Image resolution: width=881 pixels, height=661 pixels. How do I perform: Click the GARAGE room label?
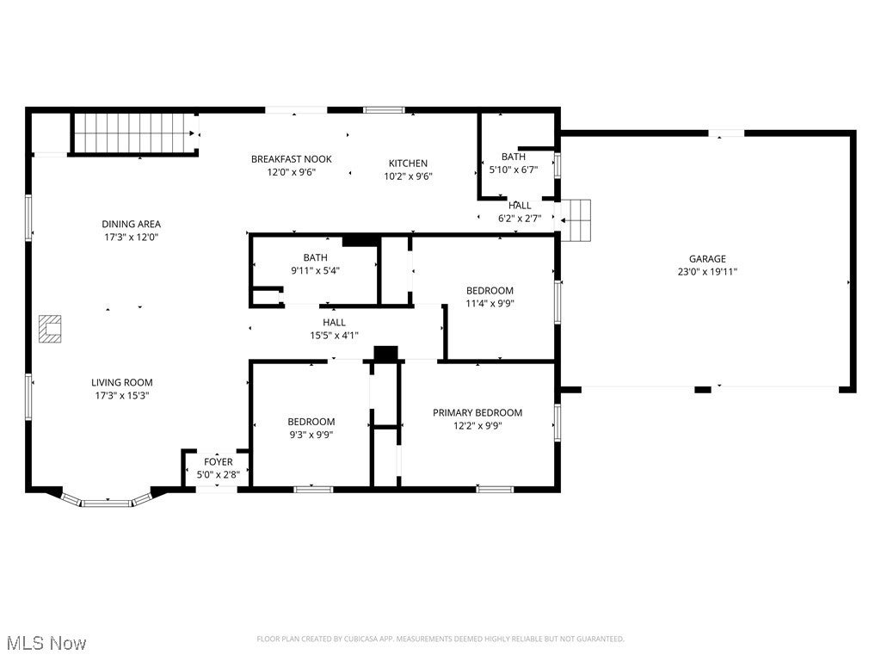click(x=707, y=259)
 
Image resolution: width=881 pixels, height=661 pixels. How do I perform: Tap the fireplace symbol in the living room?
click(x=50, y=329)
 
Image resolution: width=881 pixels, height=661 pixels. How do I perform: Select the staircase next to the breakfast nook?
click(x=135, y=133)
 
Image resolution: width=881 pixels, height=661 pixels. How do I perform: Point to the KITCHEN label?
click(x=408, y=164)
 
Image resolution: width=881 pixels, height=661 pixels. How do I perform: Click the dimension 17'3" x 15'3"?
click(x=122, y=396)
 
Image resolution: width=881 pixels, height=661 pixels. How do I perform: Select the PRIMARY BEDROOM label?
click(x=477, y=412)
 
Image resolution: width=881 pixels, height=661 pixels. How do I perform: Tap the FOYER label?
click(x=218, y=462)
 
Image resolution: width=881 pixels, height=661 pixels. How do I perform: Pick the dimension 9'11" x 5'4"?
click(x=315, y=270)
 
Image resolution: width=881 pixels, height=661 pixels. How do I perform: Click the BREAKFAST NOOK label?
click(x=291, y=159)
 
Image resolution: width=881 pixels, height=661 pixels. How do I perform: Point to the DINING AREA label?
click(x=131, y=225)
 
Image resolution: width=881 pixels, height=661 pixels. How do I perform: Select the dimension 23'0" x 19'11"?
click(x=707, y=272)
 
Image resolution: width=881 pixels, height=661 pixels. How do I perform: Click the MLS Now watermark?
click(x=47, y=643)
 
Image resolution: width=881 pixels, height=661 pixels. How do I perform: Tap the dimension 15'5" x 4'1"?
click(x=335, y=336)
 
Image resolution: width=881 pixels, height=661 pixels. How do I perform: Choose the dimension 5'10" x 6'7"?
click(x=514, y=170)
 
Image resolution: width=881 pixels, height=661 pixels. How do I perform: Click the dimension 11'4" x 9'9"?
click(x=490, y=304)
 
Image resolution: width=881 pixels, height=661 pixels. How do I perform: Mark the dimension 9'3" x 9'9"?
click(x=311, y=435)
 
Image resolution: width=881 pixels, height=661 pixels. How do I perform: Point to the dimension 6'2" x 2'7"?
click(x=520, y=219)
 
